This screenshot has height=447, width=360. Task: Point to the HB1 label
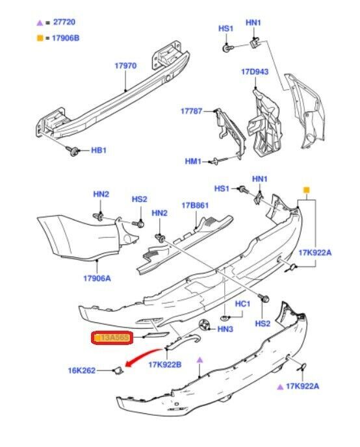coord(98,151)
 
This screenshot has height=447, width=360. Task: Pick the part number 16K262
coord(83,371)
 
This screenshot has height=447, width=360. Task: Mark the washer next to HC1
coord(224,318)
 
